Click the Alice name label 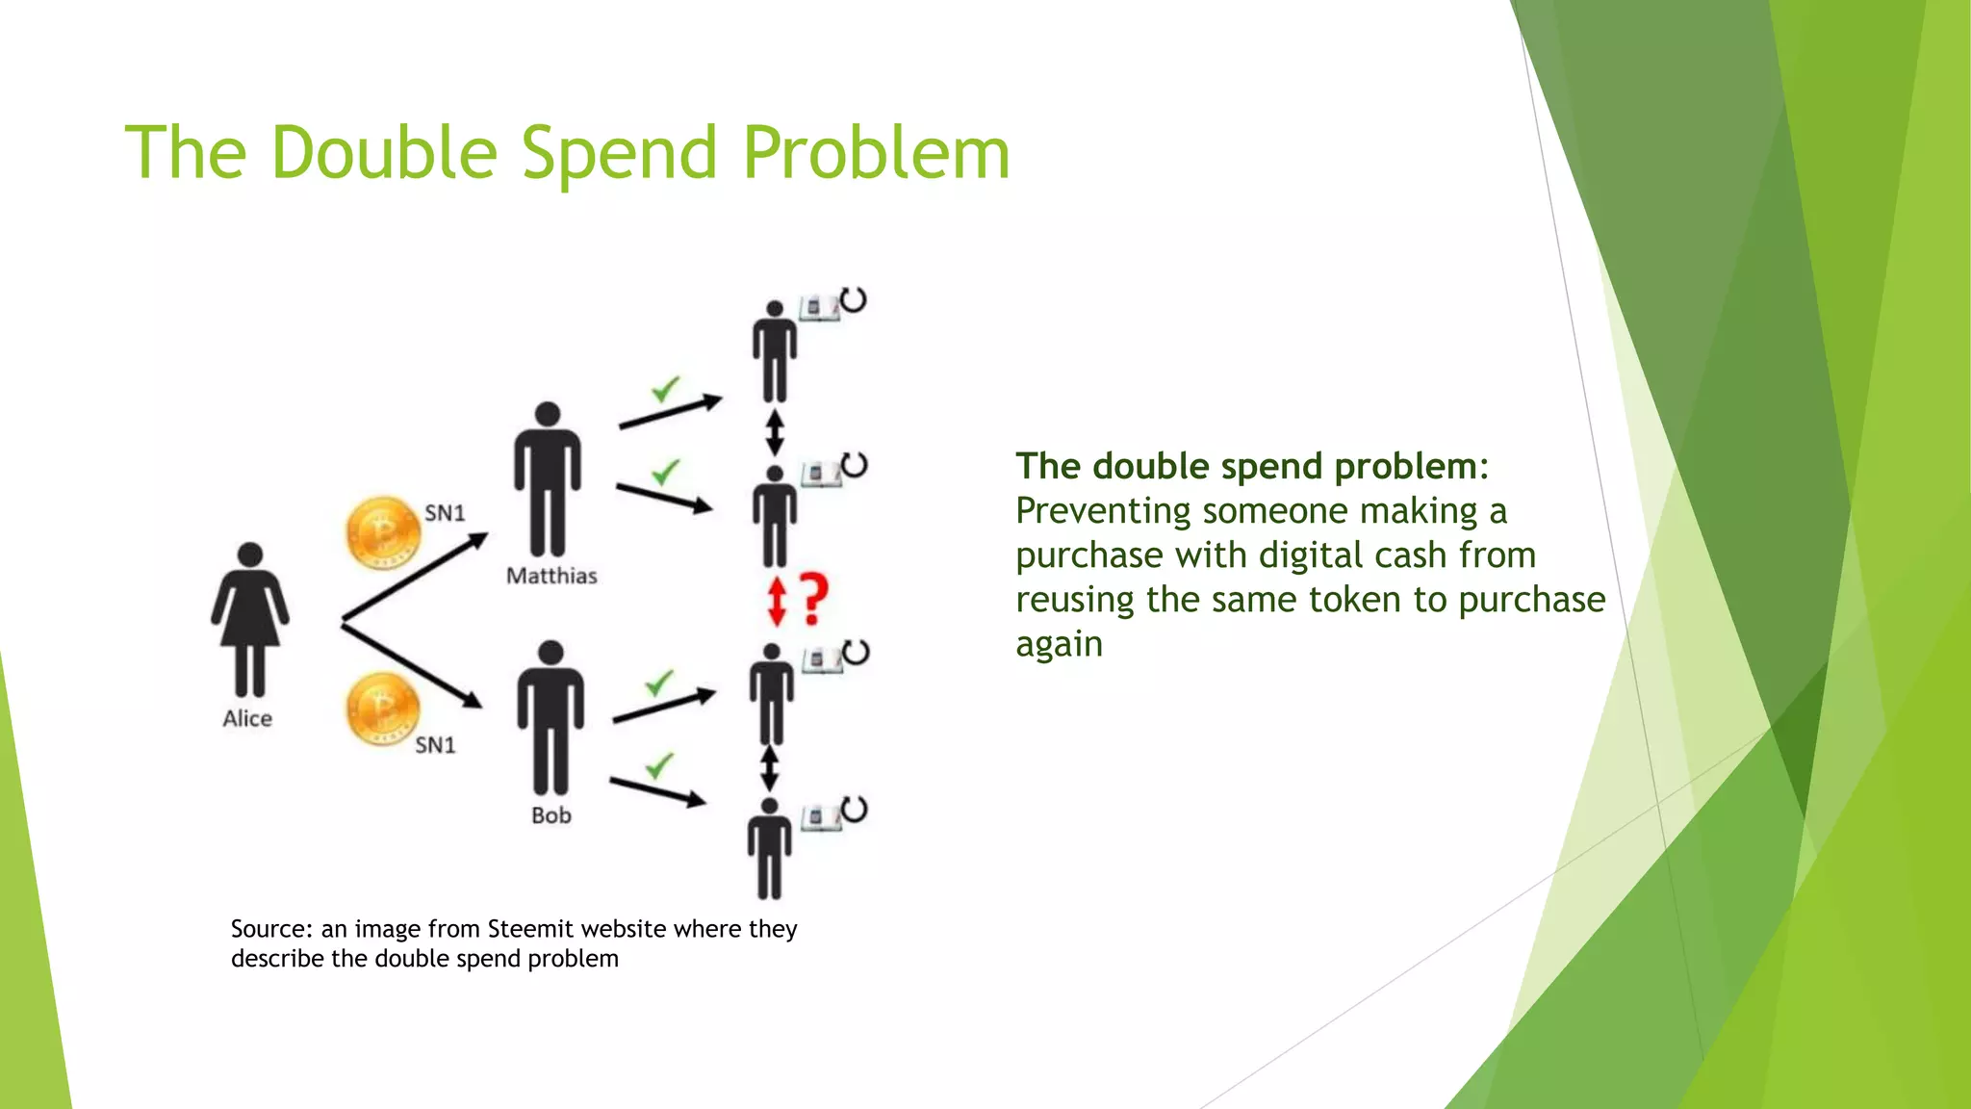(247, 718)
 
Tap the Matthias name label (551, 576)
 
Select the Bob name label (551, 815)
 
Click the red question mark (814, 599)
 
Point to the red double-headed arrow (778, 601)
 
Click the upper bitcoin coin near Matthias (382, 533)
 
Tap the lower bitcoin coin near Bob (383, 709)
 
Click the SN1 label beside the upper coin (445, 513)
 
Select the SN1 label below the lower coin (435, 745)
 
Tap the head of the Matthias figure (548, 414)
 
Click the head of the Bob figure (550, 653)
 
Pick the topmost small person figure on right (774, 352)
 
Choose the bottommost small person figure (769, 848)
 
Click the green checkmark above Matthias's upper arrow (665, 389)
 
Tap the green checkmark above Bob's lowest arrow (659, 766)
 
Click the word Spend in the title (619, 154)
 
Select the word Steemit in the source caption (528, 929)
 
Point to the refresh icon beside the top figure (854, 300)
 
